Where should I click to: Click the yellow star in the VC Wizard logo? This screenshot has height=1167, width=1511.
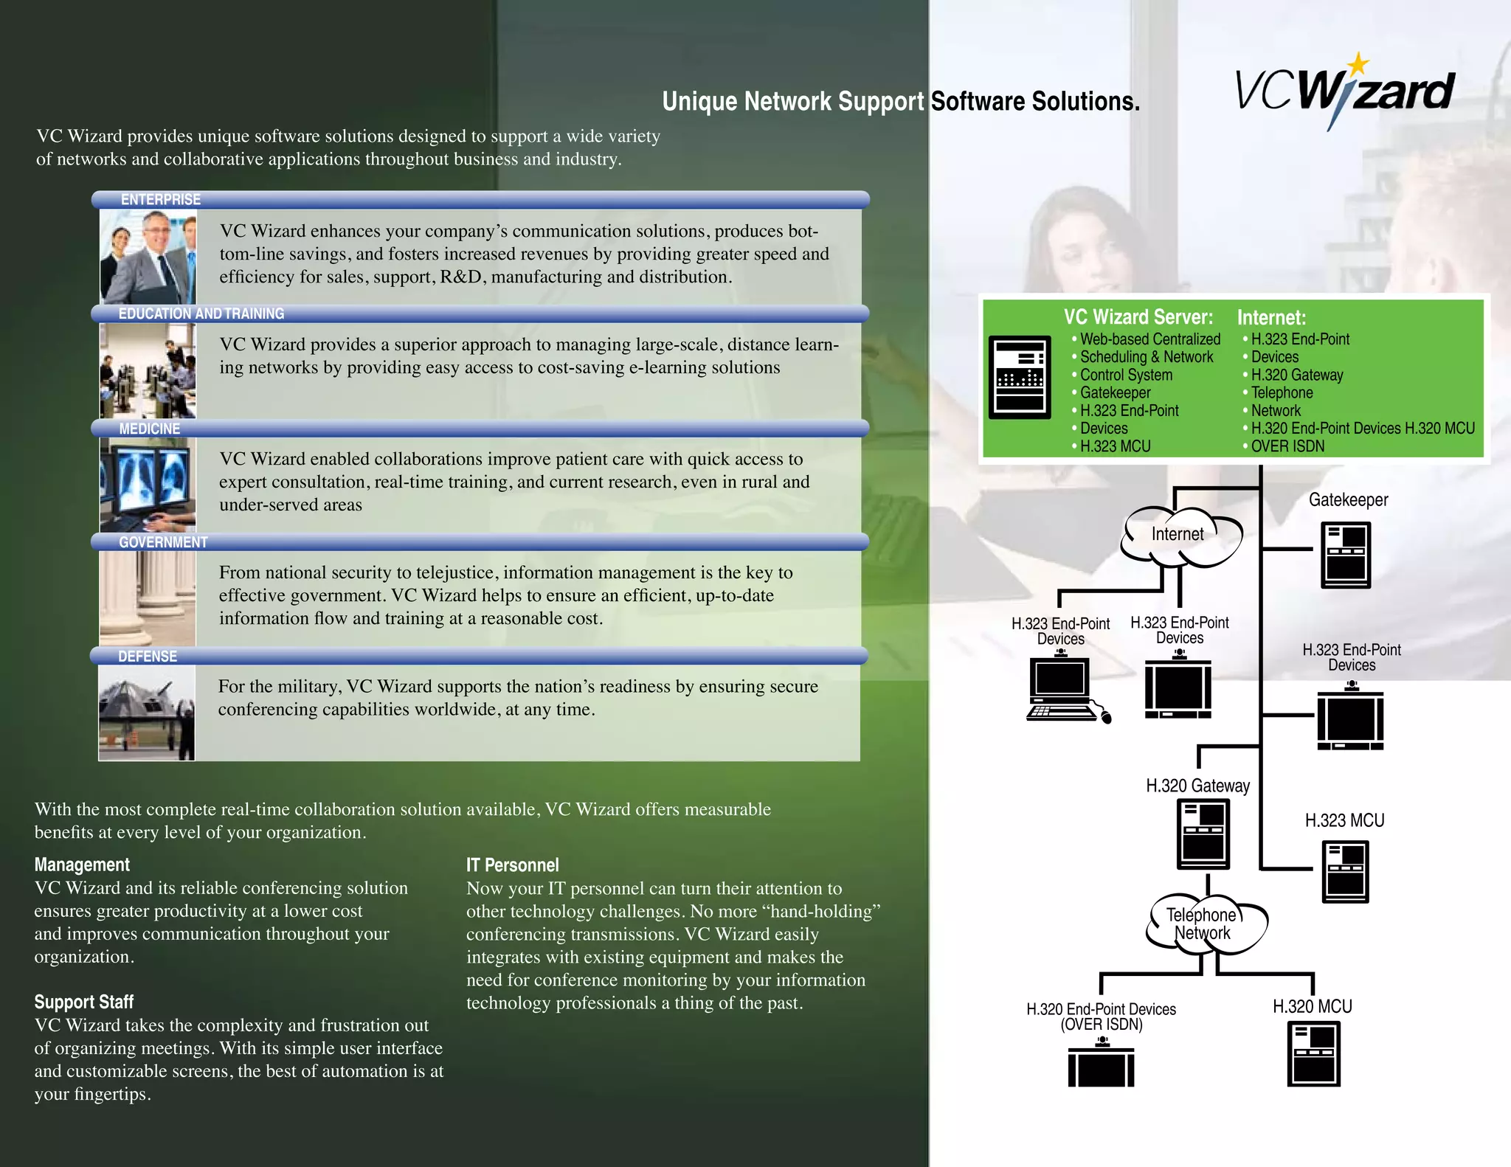click(1358, 65)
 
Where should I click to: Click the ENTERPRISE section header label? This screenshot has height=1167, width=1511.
click(160, 200)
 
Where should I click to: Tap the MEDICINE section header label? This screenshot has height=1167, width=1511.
click(149, 429)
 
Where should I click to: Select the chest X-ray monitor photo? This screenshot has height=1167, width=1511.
click(148, 485)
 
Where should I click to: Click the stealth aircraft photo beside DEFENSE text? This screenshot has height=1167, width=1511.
click(147, 713)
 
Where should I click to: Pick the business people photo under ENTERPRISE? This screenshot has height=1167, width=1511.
click(148, 256)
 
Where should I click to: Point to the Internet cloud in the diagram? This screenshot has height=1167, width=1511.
click(1179, 536)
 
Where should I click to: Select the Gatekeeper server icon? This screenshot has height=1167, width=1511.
click(1346, 555)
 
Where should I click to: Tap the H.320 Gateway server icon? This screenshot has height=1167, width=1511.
click(1203, 834)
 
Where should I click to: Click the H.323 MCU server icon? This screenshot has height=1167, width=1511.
click(1345, 873)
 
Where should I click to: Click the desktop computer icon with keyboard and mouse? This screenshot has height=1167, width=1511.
click(1062, 689)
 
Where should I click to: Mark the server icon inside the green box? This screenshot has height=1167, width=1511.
click(1020, 378)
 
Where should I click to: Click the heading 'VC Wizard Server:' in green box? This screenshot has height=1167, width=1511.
click(1138, 317)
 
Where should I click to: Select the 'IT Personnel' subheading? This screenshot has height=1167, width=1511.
click(512, 865)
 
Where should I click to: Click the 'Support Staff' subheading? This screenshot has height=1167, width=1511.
click(83, 1002)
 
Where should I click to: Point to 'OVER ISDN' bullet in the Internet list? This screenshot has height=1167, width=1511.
click(1287, 446)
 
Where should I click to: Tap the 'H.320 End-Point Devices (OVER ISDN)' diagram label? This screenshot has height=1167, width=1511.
click(1101, 1017)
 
